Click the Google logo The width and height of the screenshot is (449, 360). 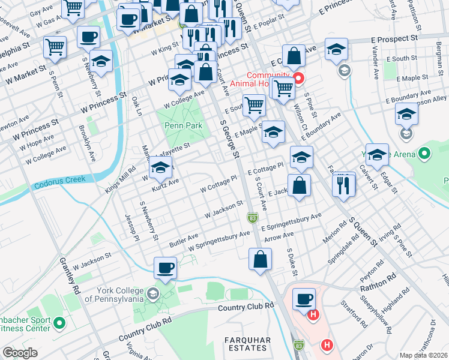point(20,353)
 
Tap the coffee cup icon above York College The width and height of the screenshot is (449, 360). point(165,268)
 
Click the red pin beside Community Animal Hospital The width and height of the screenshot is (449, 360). point(298,79)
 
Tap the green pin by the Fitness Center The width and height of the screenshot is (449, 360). point(59,323)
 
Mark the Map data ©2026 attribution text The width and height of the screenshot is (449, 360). point(423,355)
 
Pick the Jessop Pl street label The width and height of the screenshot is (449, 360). point(131,227)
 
